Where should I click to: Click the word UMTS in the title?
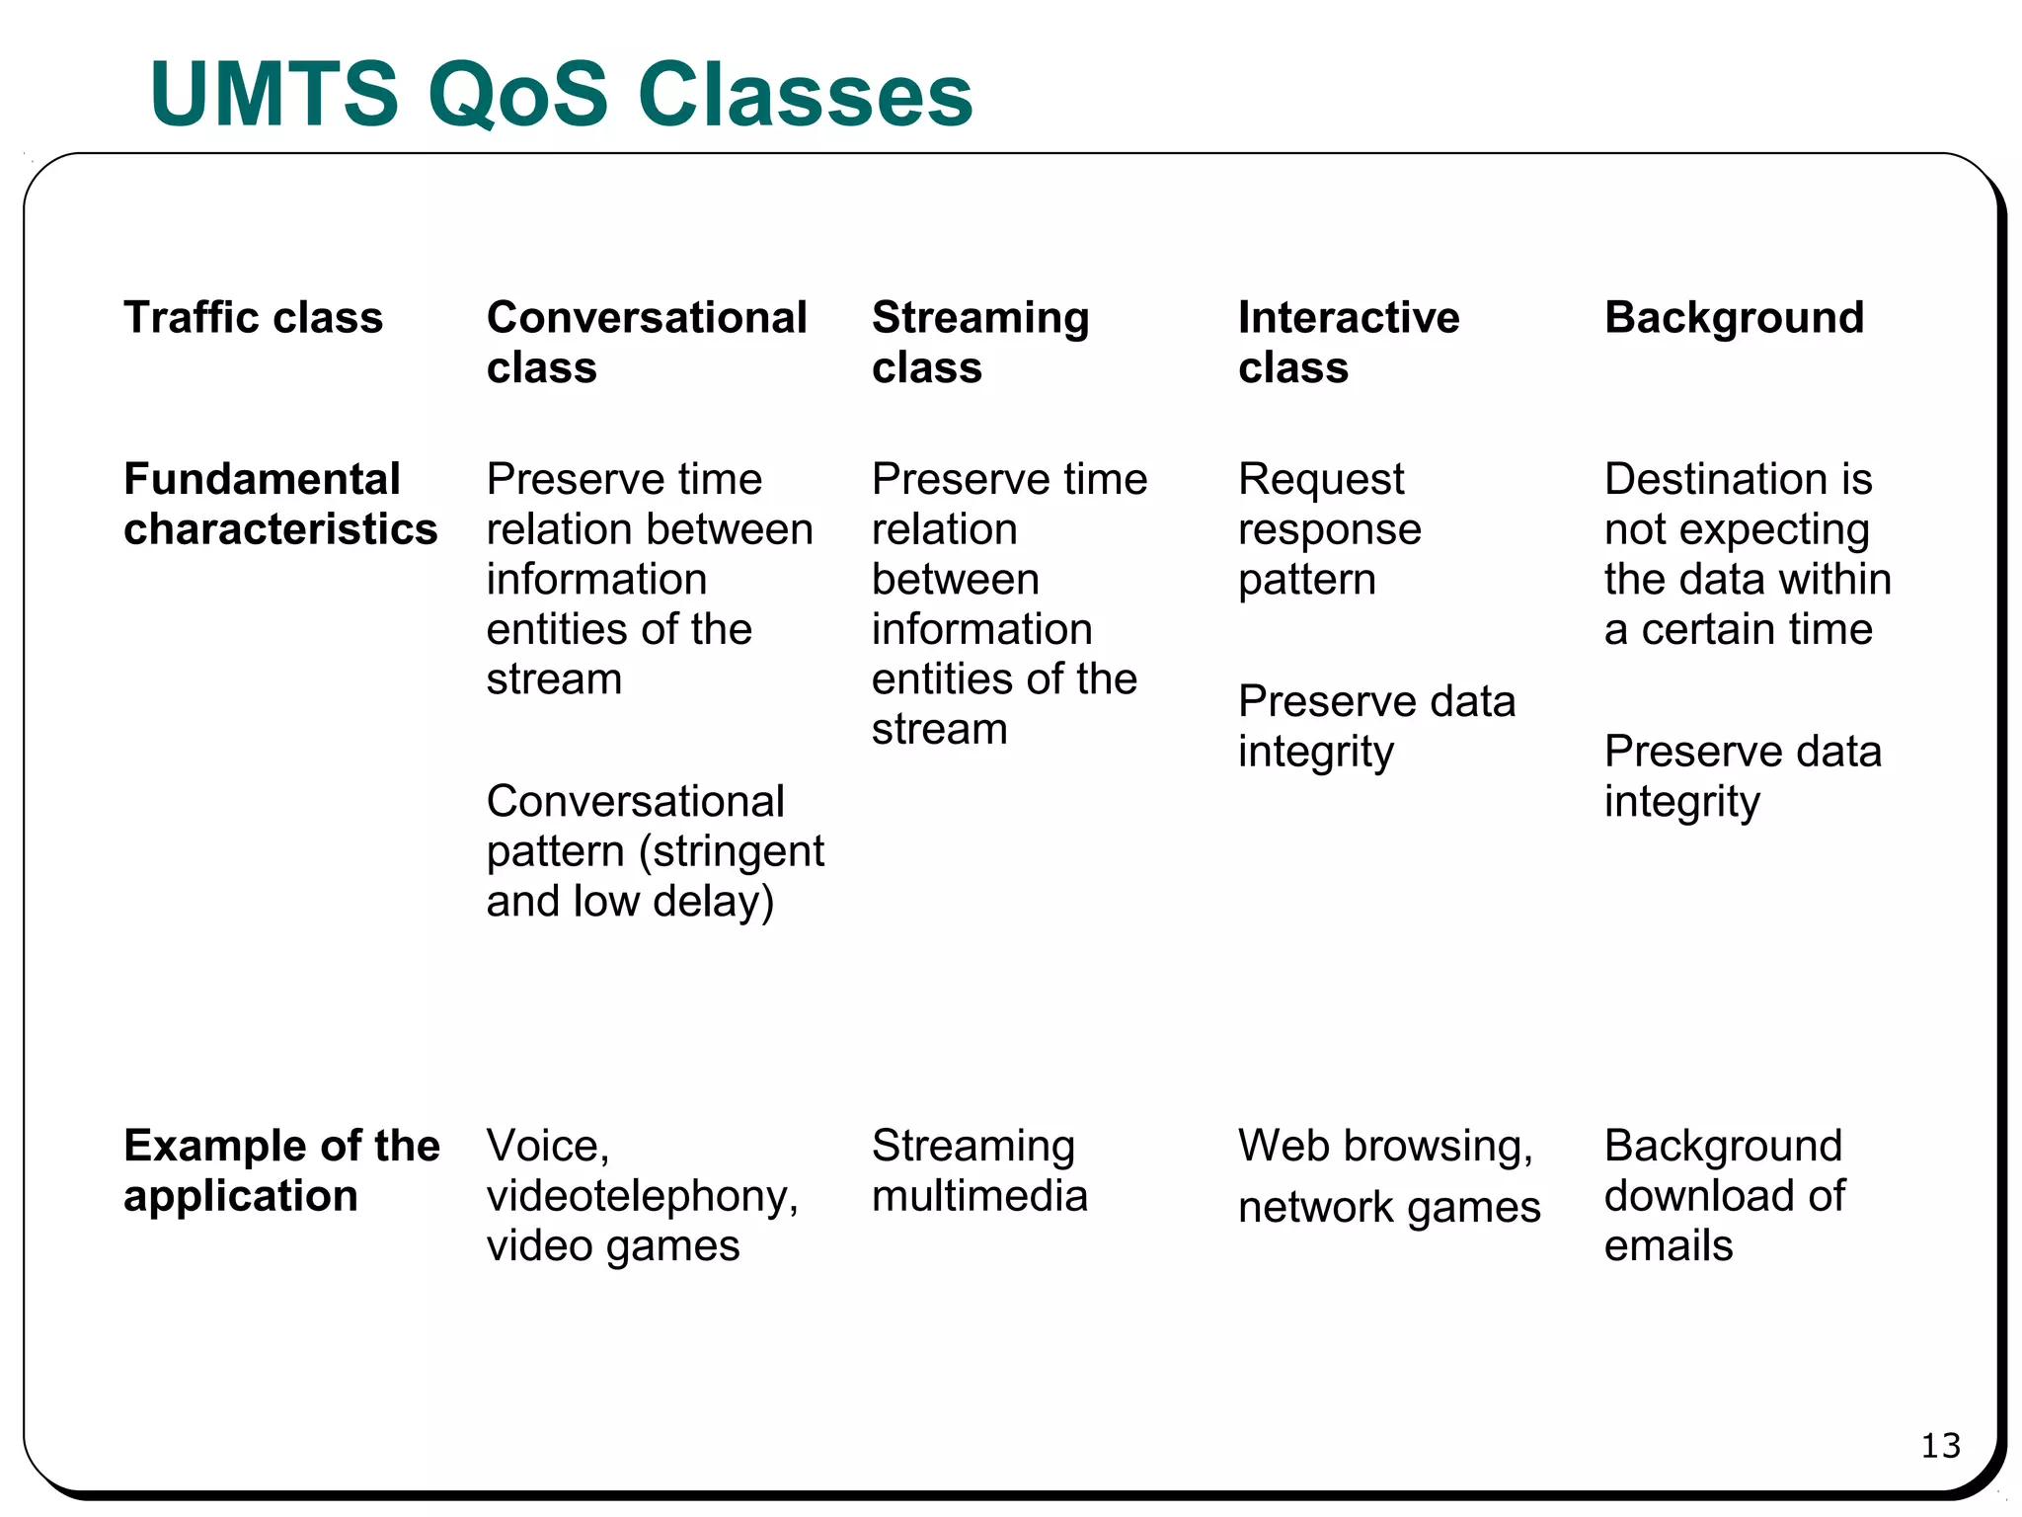tap(274, 95)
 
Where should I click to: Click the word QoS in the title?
tap(518, 95)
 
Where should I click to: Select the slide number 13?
tap(1940, 1446)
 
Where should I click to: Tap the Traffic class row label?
tap(253, 318)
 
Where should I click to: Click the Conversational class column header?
tap(647, 342)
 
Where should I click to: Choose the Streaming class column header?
tap(979, 342)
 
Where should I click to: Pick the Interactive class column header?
tap(1348, 342)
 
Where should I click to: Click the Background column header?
tap(1734, 318)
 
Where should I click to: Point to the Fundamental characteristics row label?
tap(280, 504)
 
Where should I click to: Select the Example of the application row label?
tap(281, 1170)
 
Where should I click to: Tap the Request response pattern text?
tap(1329, 529)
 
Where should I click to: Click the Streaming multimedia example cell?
tap(979, 1170)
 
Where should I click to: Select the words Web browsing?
tap(1384, 1146)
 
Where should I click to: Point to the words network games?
tap(1388, 1207)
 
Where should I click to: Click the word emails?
tap(1668, 1246)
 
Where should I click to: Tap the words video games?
tap(612, 1246)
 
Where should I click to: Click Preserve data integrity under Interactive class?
tap(1376, 727)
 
